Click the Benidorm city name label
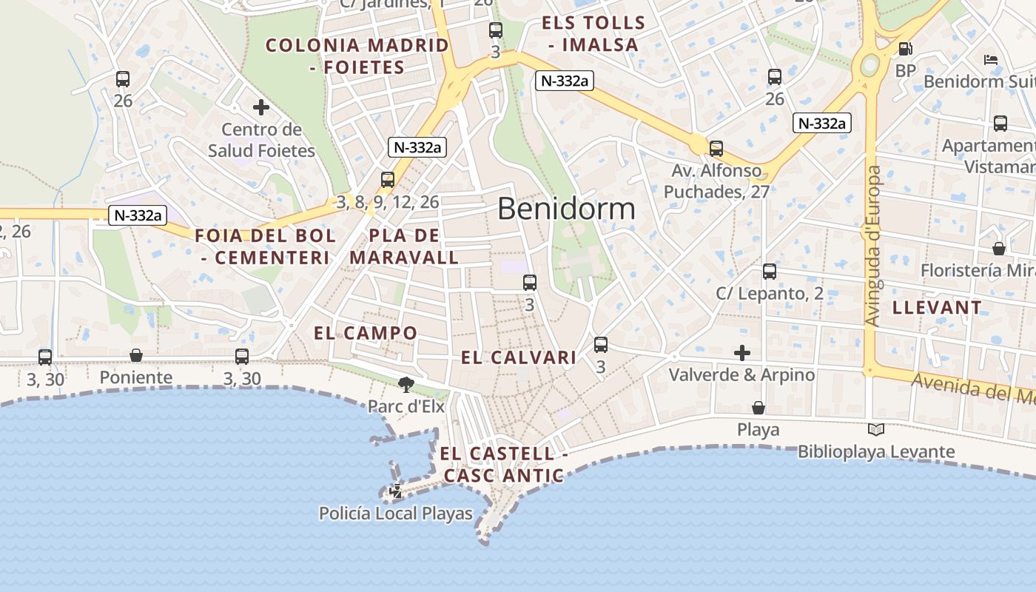coord(566,209)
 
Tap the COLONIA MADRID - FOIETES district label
coord(357,56)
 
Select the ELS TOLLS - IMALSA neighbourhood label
coord(593,34)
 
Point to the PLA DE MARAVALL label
coord(404,247)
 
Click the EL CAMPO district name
coord(366,333)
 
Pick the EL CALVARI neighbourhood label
coord(518,358)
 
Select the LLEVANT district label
coord(937,308)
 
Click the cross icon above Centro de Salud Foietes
coord(260,108)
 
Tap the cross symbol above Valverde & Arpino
coord(742,353)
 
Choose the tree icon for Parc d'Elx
coord(406,384)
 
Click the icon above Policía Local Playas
coord(397,491)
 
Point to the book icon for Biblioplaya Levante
coord(876,429)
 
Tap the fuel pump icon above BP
coord(905,49)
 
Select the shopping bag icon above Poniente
coord(136,355)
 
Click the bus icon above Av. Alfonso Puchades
coord(716,148)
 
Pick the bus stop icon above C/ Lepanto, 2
coord(770,272)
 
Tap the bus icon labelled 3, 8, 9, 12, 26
coord(388,179)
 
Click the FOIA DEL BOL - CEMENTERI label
coord(265,247)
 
